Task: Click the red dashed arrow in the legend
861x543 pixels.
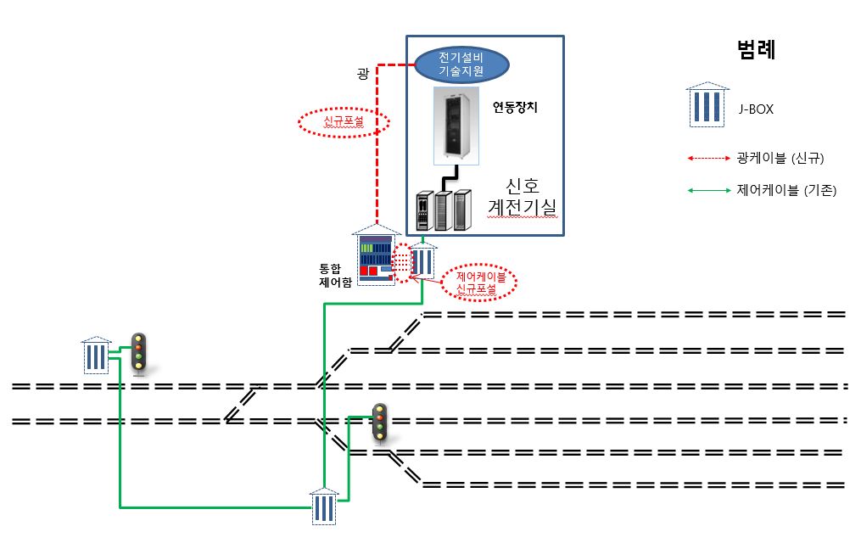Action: click(x=711, y=158)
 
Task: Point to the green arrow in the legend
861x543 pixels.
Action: click(x=711, y=191)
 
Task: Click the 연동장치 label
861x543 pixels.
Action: click(x=515, y=108)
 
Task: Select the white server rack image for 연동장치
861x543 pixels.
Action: click(x=457, y=125)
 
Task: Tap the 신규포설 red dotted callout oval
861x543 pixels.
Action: click(x=344, y=123)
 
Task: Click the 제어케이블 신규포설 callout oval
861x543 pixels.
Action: click(x=479, y=283)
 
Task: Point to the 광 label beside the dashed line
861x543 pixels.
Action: click(x=362, y=74)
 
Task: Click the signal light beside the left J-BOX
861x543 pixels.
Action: click(x=138, y=353)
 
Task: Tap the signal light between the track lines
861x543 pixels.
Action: click(x=381, y=422)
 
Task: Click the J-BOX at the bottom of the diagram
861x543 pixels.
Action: click(x=324, y=507)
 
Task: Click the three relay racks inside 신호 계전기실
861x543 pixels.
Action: click(x=442, y=209)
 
